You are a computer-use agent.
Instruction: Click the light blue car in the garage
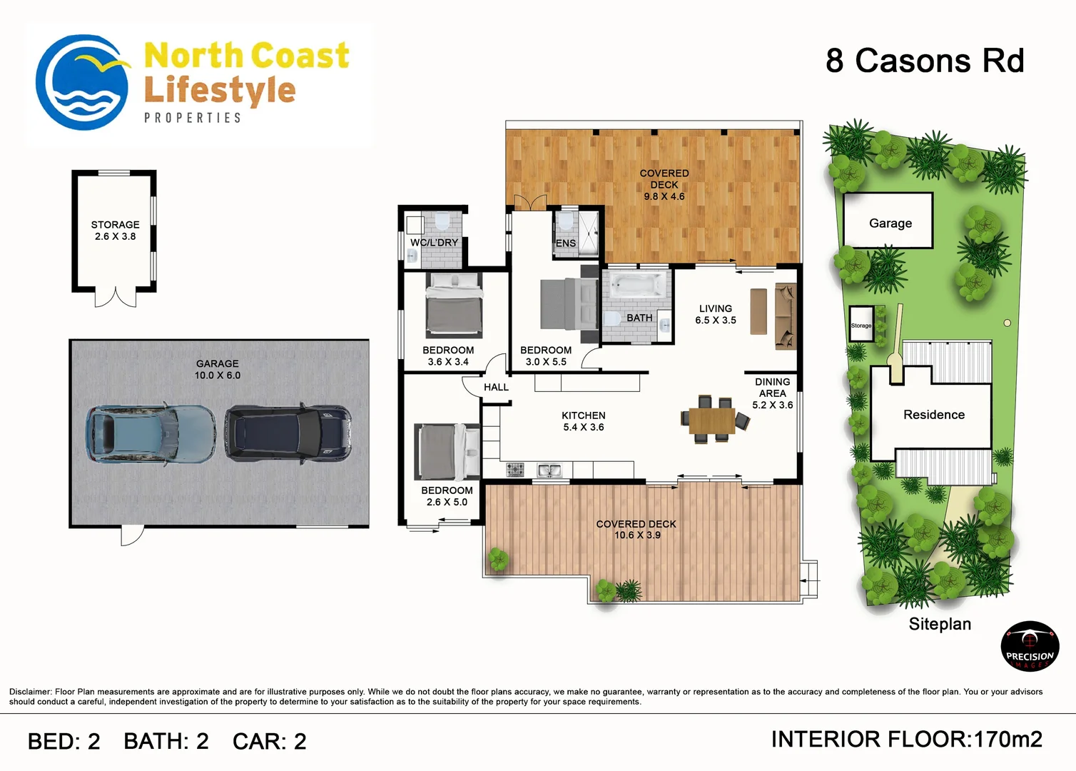151,434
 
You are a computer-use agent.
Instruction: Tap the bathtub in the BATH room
636,285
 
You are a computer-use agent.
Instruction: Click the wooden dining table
712,420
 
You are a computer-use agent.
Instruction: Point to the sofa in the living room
786,316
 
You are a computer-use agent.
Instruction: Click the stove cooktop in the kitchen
515,470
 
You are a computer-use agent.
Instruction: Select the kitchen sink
549,470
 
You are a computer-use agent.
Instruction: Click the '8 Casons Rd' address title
925,61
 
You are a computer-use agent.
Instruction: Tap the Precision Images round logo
1030,646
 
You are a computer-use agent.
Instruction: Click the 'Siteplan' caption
940,624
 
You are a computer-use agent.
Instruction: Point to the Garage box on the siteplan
888,221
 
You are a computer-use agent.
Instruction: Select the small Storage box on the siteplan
861,324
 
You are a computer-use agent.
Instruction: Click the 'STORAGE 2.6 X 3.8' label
116,231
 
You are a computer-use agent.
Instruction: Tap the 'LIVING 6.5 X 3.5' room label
716,314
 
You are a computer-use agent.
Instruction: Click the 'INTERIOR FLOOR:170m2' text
907,740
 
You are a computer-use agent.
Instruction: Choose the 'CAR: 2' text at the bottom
270,741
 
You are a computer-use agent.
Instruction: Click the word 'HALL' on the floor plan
496,387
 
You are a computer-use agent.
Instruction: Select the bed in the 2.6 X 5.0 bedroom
447,451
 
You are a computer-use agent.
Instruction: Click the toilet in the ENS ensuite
566,221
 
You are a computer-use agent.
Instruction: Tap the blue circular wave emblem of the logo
82,82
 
